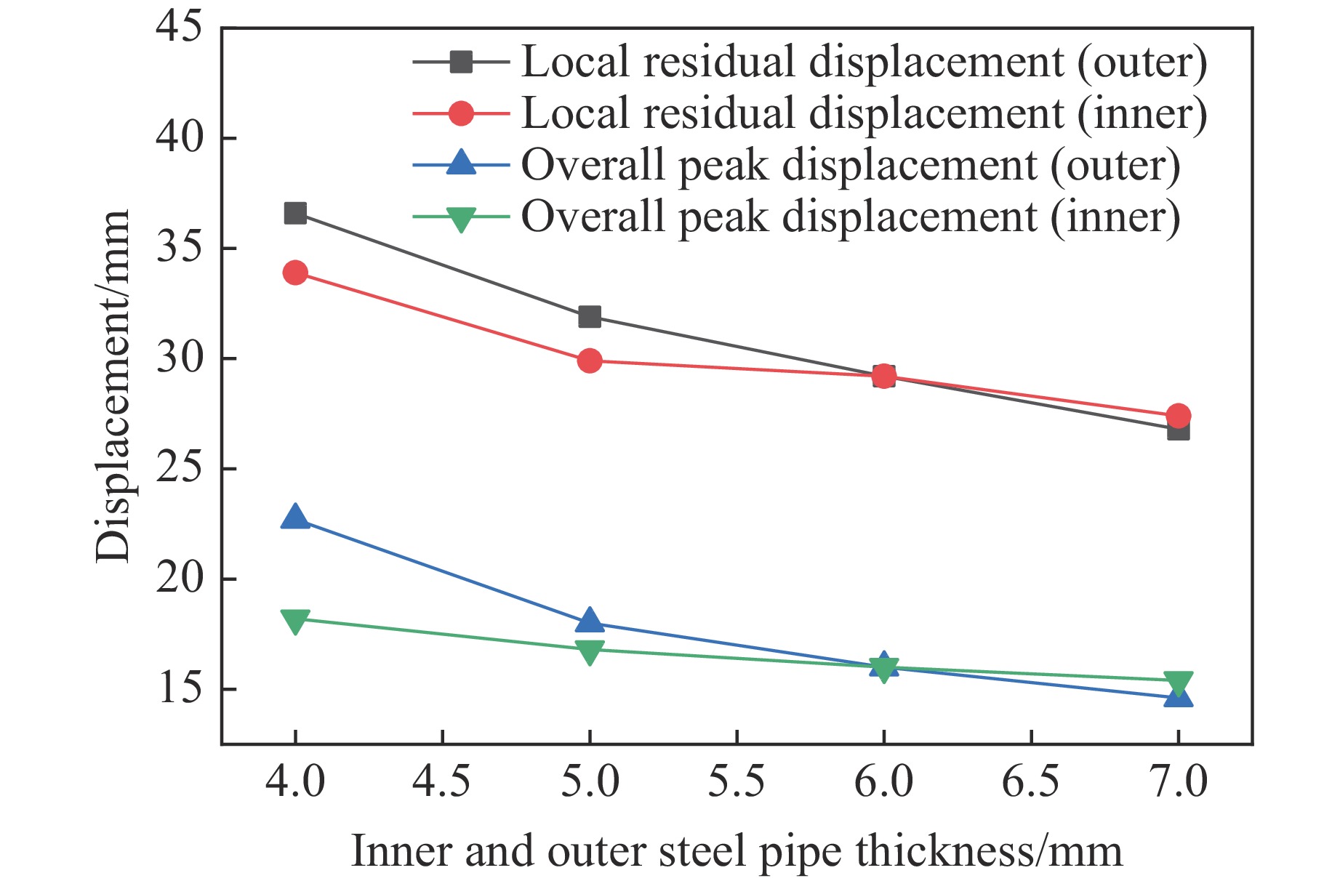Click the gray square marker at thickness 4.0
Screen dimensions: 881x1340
[295, 213]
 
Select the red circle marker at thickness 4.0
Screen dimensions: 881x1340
[295, 273]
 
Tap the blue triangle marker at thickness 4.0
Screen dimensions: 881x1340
[295, 518]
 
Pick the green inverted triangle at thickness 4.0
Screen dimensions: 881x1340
[295, 621]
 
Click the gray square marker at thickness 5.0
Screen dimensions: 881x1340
[590, 317]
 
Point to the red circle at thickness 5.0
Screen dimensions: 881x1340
[590, 361]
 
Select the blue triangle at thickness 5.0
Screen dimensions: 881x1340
[590, 621]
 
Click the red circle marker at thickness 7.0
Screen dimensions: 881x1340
[1178, 416]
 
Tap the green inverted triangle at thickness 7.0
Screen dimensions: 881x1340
[1178, 683]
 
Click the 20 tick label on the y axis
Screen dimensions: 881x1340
[179, 579]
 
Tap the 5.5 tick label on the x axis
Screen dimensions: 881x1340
[737, 782]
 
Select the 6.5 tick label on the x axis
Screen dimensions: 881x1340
[1031, 782]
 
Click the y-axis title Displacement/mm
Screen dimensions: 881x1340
[113, 385]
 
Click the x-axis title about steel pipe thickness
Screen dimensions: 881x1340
[737, 850]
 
